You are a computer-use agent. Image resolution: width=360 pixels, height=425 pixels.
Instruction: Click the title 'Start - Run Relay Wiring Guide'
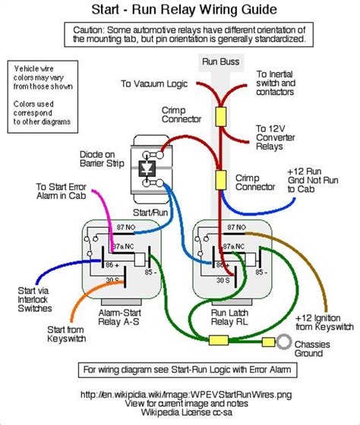click(x=180, y=10)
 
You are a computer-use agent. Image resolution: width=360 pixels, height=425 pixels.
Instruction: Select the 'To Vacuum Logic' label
click(x=156, y=83)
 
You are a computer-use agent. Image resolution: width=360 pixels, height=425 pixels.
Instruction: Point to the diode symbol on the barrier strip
click(x=149, y=166)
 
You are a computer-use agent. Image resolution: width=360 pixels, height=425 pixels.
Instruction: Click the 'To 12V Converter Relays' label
click(x=279, y=139)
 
